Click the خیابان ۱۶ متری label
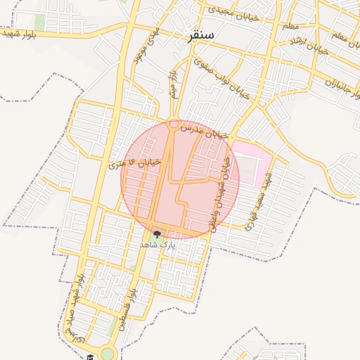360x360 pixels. [136, 163]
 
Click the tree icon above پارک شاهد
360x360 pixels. [156, 233]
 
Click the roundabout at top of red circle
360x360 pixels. [174, 124]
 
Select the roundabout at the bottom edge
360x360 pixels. [108, 354]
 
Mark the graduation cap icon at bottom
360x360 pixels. [89, 356]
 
